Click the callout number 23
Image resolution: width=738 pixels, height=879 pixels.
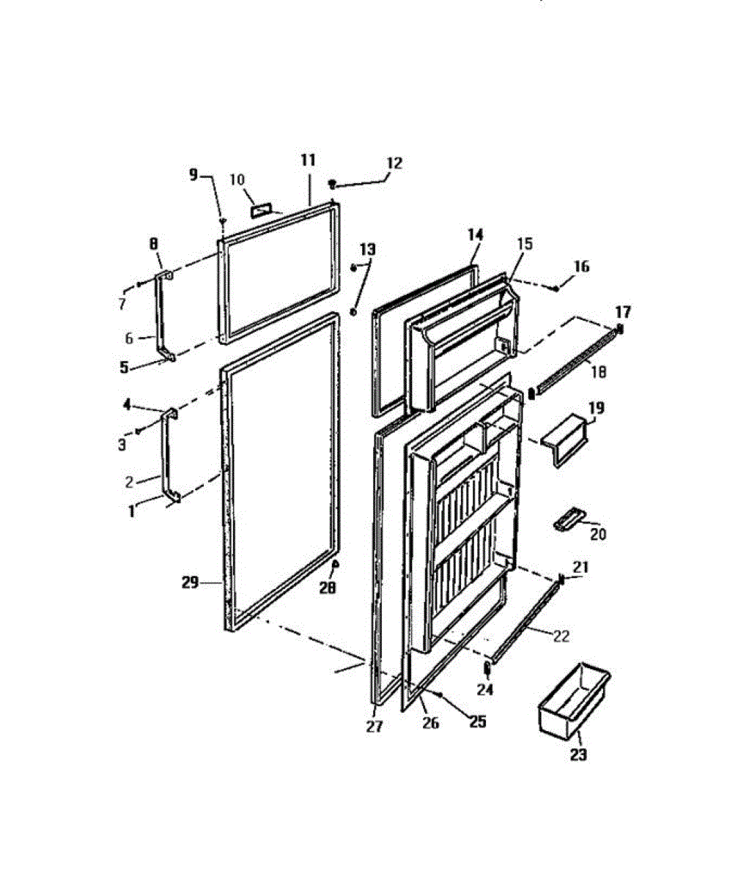tap(578, 755)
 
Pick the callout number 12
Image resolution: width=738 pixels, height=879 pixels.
tap(394, 163)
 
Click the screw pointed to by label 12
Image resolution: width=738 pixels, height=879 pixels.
tap(332, 184)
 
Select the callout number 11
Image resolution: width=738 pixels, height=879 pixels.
tap(308, 159)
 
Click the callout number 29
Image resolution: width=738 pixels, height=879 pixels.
tap(191, 582)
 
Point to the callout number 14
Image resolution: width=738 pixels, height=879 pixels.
tap(476, 234)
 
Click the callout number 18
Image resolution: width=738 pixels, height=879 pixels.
tap(599, 372)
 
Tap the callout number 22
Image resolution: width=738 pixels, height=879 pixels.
tap(561, 637)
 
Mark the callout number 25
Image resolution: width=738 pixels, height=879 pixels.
tap(477, 722)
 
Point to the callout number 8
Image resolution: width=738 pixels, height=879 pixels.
tap(153, 242)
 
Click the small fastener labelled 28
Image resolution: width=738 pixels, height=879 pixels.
tap(335, 564)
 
